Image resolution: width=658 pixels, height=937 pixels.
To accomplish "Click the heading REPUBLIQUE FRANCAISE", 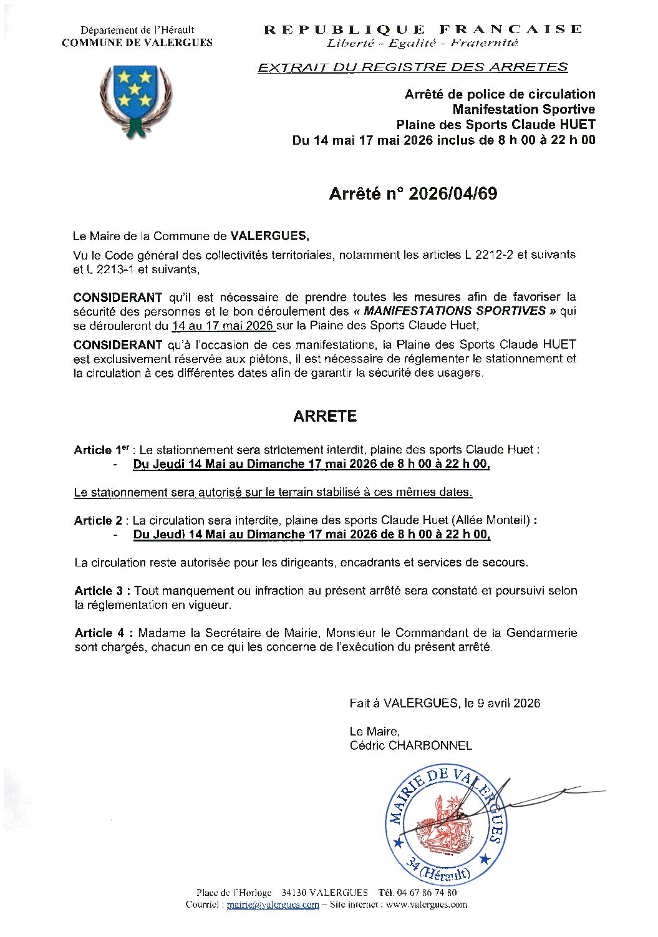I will coord(422,29).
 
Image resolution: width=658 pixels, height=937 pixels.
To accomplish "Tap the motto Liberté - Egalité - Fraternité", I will coord(422,43).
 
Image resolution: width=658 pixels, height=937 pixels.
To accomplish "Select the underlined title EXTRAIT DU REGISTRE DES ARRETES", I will coord(413,67).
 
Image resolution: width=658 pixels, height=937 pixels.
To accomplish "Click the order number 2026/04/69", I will coord(452,194).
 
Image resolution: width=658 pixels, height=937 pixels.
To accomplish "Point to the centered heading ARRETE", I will coord(325,416).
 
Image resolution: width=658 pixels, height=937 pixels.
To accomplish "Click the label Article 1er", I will coord(102,450).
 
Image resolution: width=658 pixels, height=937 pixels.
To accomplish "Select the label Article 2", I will coord(99,520).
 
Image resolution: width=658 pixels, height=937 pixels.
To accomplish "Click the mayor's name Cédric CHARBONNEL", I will coord(410,745).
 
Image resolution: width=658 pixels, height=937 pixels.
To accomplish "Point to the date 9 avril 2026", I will coord(508,703).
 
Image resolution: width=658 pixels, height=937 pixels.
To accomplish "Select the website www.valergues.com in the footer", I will coord(426,905).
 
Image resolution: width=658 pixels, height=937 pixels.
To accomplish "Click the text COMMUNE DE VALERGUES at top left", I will coord(137,43).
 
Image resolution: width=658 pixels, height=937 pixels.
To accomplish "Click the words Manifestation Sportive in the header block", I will coord(524,110).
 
